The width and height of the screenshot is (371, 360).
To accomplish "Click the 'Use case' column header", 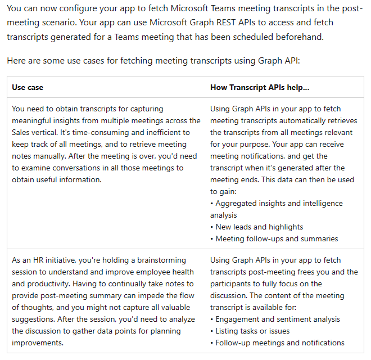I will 28,87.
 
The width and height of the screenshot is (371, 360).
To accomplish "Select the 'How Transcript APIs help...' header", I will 260,87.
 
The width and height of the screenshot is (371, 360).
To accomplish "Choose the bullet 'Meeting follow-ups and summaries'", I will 277,238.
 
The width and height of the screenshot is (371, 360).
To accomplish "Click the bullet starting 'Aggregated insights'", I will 279,203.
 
